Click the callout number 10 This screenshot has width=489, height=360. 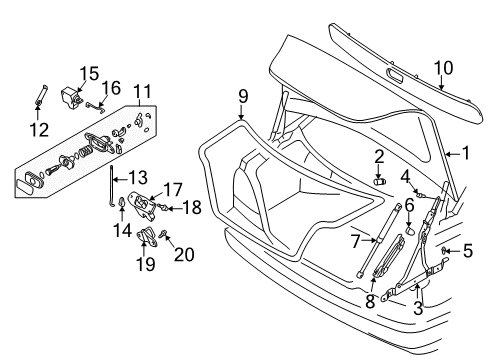(443, 67)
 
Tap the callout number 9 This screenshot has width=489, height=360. (242, 97)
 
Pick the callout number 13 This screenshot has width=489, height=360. (136, 176)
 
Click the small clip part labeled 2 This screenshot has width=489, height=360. (379, 181)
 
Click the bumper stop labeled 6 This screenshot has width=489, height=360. (409, 229)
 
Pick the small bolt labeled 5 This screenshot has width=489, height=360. (445, 251)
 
